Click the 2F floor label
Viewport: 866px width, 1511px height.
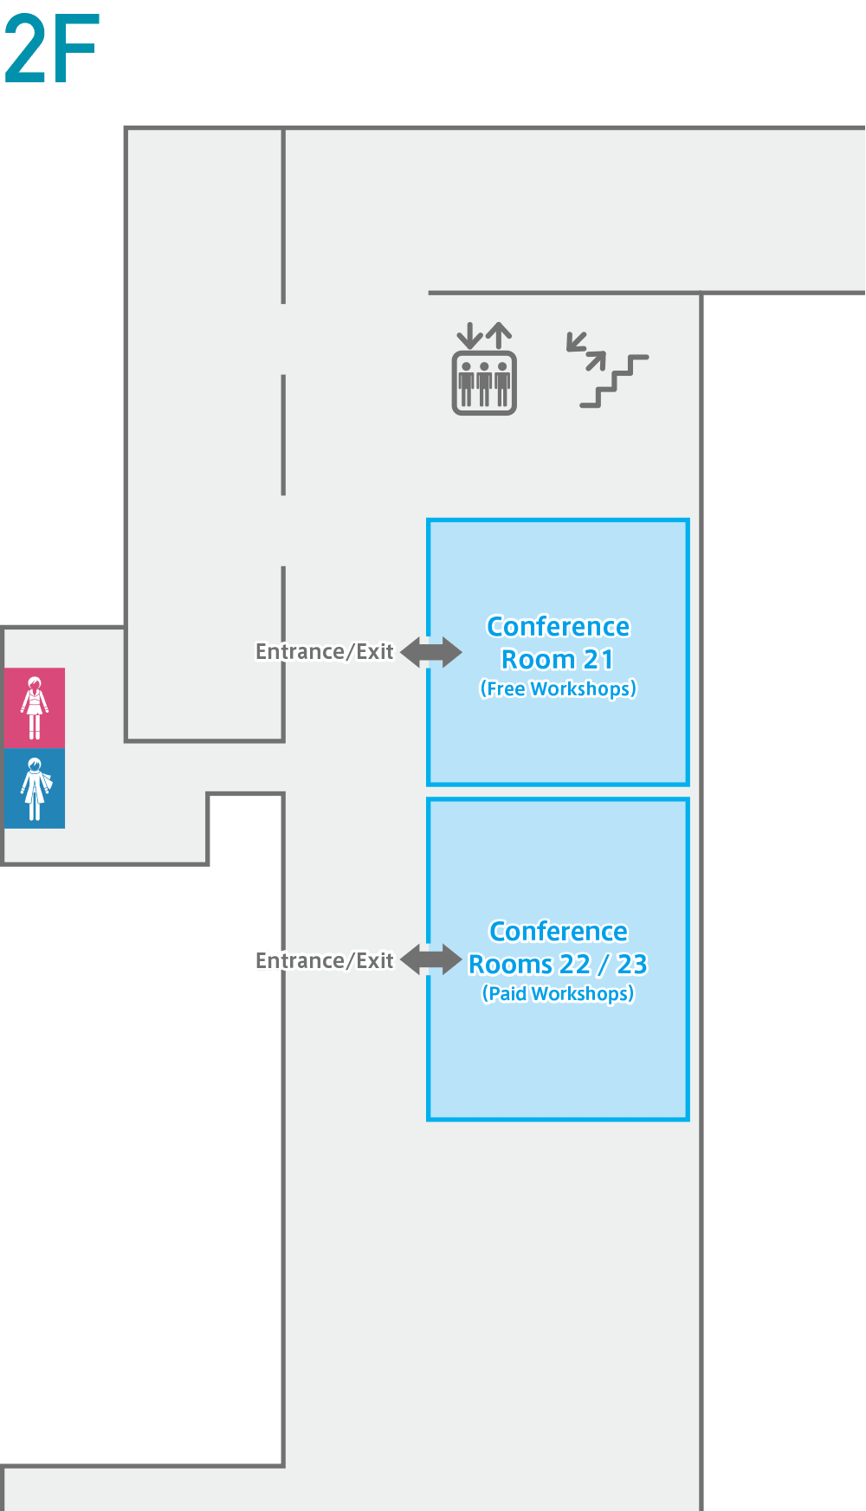pos(52,49)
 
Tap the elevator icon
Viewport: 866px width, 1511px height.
pos(484,369)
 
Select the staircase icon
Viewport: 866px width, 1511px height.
pos(607,370)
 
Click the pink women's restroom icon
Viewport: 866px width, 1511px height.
pos(35,708)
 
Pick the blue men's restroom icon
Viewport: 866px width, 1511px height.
pos(35,789)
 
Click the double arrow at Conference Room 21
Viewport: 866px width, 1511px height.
pos(431,652)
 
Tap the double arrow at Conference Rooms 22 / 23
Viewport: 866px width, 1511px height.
pos(431,959)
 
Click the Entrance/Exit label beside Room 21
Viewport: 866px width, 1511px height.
pos(325,652)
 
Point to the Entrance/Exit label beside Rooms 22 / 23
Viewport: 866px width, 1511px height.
pos(325,961)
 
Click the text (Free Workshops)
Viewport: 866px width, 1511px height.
pos(559,689)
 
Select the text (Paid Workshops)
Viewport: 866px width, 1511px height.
pos(559,994)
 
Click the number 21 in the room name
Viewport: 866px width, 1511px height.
pos(598,660)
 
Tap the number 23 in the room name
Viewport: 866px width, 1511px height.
pos(632,965)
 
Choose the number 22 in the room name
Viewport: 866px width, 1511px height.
pos(575,965)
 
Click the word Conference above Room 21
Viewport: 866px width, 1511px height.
pos(559,627)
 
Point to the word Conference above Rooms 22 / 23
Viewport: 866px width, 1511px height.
pos(559,932)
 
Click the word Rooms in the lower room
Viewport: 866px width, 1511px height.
pos(510,965)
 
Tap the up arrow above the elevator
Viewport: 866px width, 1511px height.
pos(499,335)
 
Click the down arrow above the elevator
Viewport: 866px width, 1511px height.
pos(469,336)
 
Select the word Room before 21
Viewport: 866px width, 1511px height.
pos(538,660)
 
